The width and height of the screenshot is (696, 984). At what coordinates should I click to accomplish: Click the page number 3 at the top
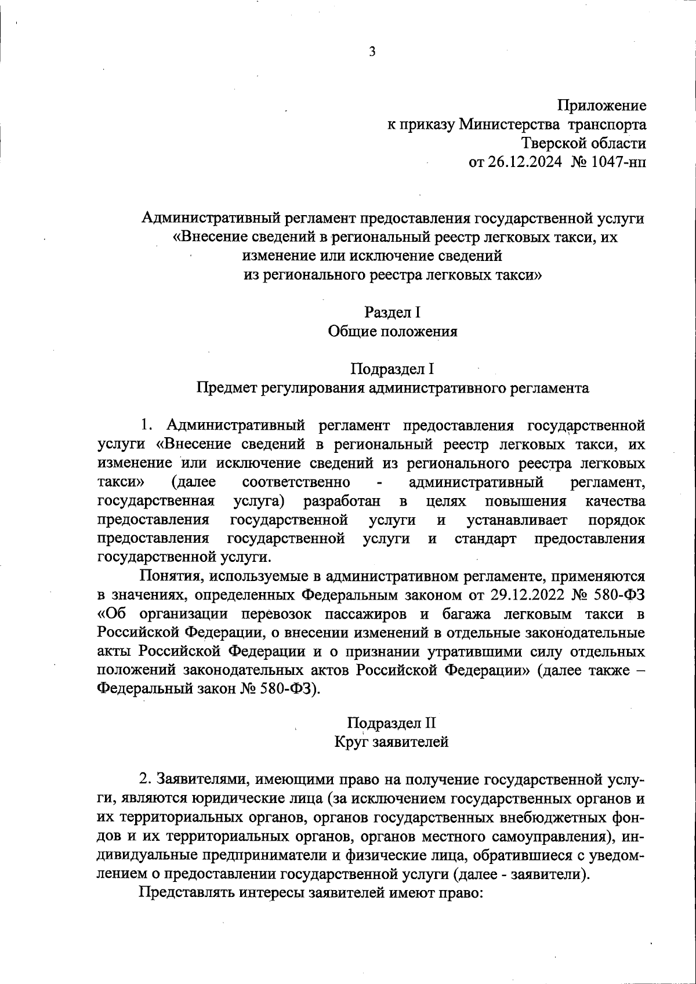[x=372, y=52]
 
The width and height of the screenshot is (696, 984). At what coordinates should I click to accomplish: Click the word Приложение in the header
[x=601, y=106]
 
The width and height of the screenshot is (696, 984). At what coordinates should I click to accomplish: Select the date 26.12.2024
[x=524, y=162]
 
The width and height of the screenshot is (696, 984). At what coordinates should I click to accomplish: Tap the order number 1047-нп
[x=617, y=162]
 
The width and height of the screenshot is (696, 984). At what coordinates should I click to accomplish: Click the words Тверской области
[x=583, y=143]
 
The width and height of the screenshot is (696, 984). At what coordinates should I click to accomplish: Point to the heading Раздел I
[x=392, y=312]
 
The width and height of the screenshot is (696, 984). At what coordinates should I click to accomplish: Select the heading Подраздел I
[x=392, y=369]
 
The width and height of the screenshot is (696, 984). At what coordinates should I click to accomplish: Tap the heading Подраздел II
[x=392, y=722]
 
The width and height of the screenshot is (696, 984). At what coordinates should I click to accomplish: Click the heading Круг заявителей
[x=392, y=742]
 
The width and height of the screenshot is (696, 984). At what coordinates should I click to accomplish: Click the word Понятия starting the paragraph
[x=168, y=576]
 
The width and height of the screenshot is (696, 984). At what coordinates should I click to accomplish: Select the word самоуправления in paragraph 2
[x=561, y=837]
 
